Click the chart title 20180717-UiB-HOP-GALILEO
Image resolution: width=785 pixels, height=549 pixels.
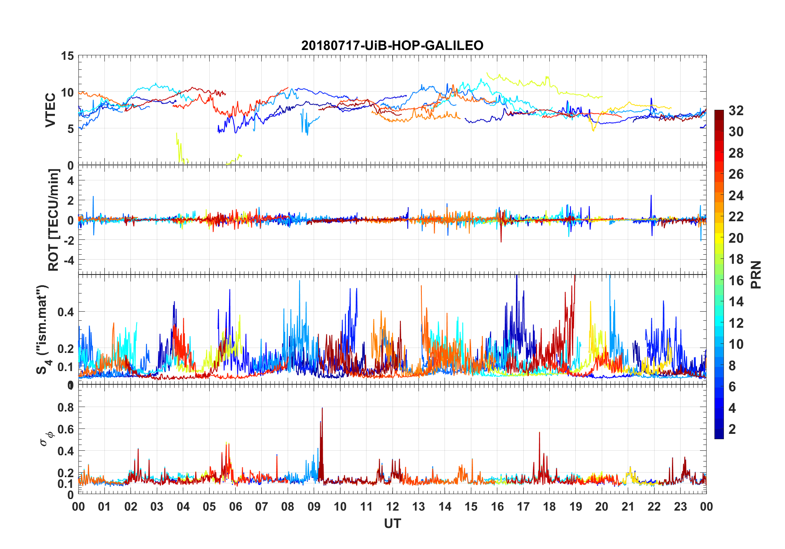392,45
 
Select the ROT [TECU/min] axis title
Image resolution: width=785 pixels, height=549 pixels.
54,220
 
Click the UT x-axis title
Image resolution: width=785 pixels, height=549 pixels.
392,524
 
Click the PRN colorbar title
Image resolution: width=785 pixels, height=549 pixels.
756,274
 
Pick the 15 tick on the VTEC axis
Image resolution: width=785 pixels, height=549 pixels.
67,56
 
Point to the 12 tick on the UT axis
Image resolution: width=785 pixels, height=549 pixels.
392,506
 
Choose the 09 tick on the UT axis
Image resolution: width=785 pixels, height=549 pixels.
314,506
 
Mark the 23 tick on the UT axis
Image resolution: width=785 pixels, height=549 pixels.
680,506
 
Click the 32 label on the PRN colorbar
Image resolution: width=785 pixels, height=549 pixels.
736,111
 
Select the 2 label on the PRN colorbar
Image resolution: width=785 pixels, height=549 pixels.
732,429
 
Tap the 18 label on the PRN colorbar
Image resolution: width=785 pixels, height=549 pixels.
736,259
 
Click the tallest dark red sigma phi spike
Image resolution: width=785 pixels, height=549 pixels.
322,409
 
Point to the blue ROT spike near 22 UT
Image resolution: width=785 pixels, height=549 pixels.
651,196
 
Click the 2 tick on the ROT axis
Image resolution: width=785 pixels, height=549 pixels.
71,201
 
